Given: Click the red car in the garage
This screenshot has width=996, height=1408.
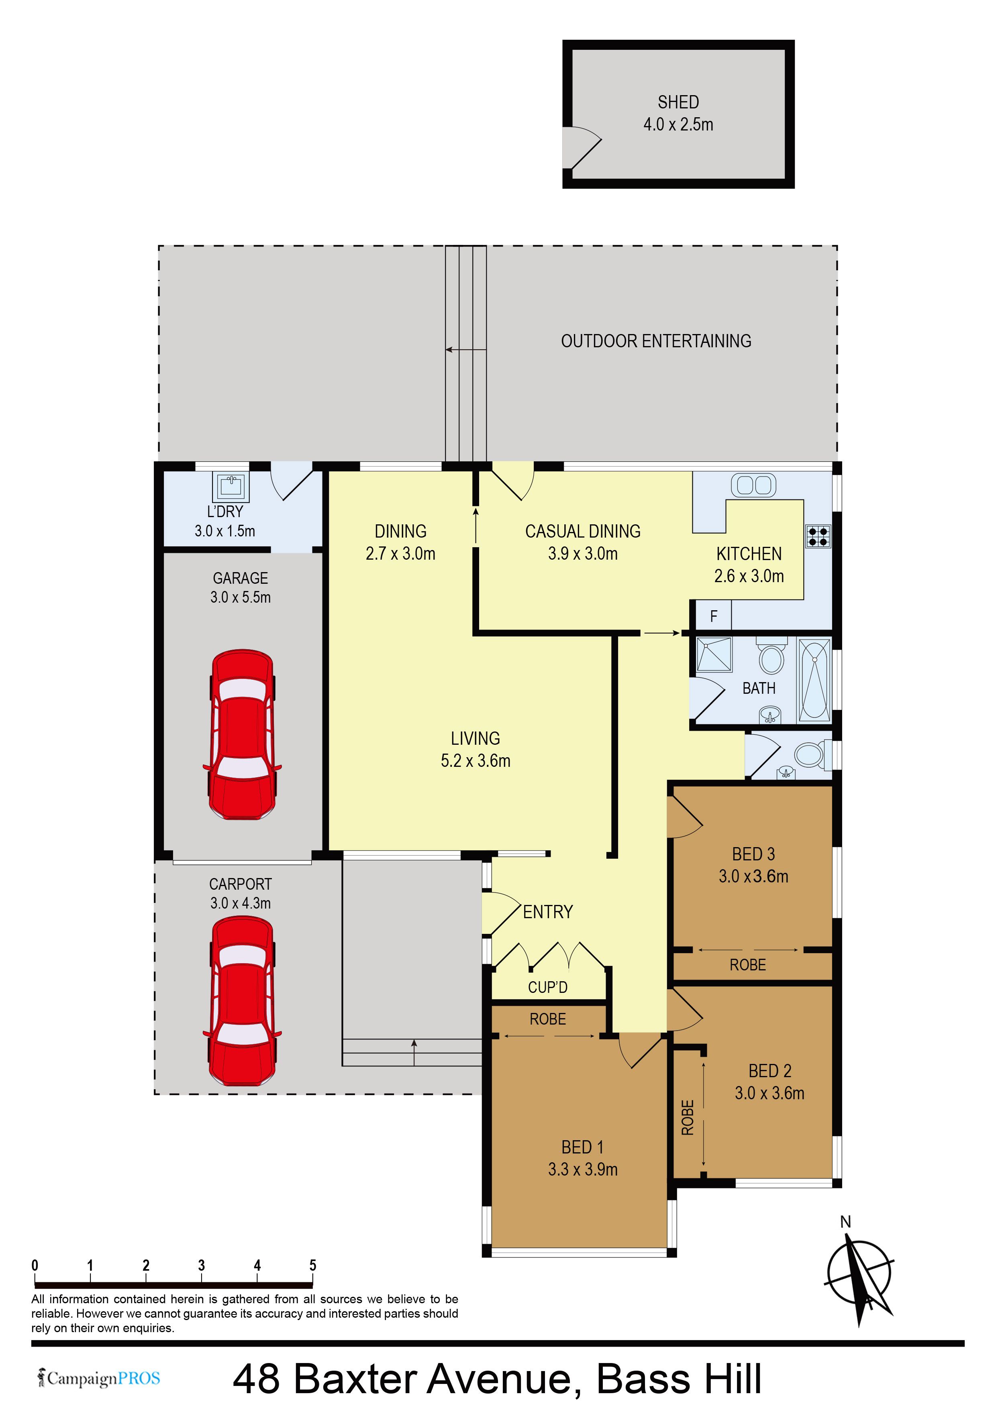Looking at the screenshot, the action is tap(242, 735).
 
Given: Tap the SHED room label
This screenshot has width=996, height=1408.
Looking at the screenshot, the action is tap(678, 102).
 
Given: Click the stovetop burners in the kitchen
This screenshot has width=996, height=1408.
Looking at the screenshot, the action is tap(818, 537).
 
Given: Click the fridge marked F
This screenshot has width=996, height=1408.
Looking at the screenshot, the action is tap(713, 616).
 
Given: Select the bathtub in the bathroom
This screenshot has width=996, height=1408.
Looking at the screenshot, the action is tap(814, 679).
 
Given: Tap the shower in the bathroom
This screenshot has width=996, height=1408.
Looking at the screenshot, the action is tap(714, 655).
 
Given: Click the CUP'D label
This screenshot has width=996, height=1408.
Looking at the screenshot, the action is tap(548, 987).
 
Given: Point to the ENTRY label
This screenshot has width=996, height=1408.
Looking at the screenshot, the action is tap(548, 912).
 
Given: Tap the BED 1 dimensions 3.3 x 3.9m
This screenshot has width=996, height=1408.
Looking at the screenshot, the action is tap(583, 1170).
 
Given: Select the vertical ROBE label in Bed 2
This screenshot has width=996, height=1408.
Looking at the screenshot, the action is tap(688, 1118).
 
